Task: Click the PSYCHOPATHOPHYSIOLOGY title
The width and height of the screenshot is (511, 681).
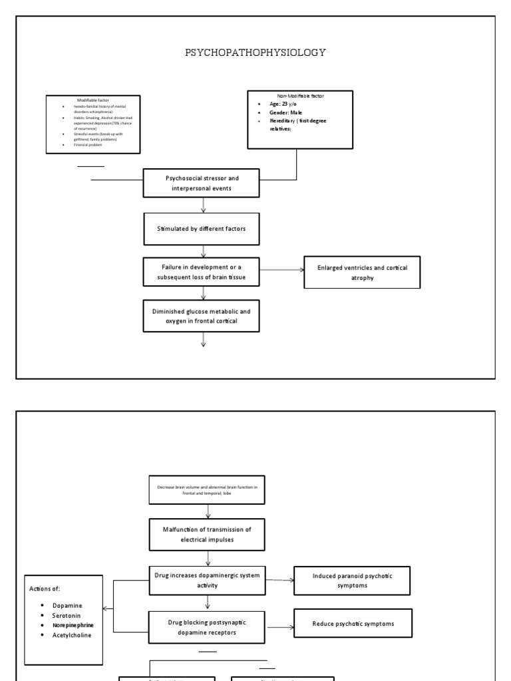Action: click(x=255, y=53)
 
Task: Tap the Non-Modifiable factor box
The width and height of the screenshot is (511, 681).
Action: click(x=299, y=120)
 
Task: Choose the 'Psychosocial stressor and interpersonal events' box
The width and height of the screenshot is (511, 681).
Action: click(x=203, y=183)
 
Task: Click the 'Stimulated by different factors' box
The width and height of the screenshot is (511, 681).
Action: click(x=203, y=230)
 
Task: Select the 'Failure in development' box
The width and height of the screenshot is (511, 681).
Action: click(x=203, y=272)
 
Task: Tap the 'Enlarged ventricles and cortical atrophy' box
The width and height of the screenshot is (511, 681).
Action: click(x=362, y=273)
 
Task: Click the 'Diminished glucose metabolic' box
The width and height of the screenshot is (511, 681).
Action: click(x=203, y=315)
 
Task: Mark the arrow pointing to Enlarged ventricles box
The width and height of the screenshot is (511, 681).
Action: click(x=282, y=270)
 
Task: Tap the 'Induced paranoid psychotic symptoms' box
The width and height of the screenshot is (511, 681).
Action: click(x=352, y=580)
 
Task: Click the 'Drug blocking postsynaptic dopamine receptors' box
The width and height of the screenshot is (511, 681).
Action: click(x=207, y=626)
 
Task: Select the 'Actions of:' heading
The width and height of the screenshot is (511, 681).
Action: click(x=45, y=588)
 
